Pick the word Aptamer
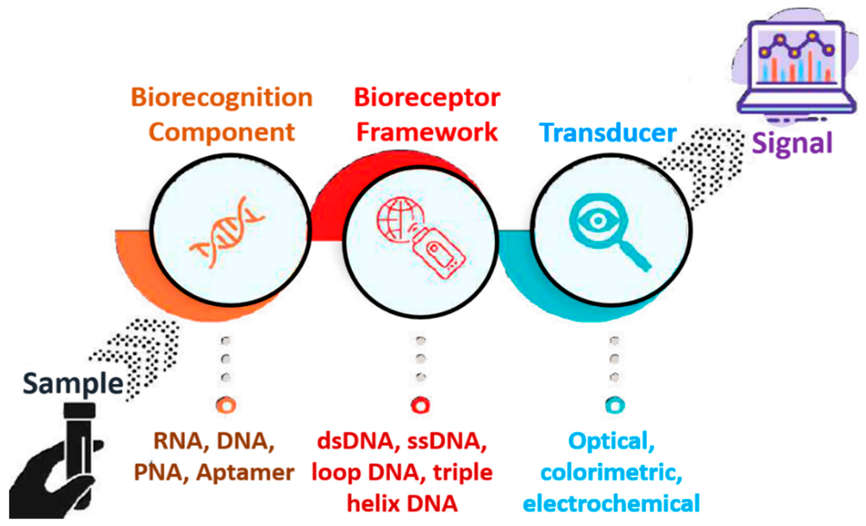pos(245,473)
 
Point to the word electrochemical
pos(611,504)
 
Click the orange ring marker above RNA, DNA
pos(226,405)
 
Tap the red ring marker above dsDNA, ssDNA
pos(420,405)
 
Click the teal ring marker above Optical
pos(615,405)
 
